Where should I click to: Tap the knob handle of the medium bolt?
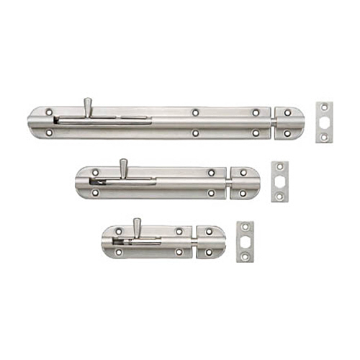pos(123,166)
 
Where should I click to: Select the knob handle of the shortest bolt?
pos(136,225)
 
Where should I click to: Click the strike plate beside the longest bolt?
pos(324,122)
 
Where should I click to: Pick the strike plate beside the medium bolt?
pos(279,181)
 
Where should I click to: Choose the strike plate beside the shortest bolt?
pos(246,241)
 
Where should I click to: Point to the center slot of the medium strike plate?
pos(279,181)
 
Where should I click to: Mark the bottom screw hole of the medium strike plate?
pos(279,195)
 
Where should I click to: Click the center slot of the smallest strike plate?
pos(246,241)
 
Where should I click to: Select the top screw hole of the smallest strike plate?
pos(246,228)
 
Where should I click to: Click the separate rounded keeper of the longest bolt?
pos(289,122)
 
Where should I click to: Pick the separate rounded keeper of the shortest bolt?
pos(210,242)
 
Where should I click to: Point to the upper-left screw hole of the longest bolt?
pos(49,112)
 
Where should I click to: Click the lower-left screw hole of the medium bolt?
pos(94,193)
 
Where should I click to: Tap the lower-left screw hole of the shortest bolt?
pos(118,252)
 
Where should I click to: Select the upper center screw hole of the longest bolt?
pos(195,112)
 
